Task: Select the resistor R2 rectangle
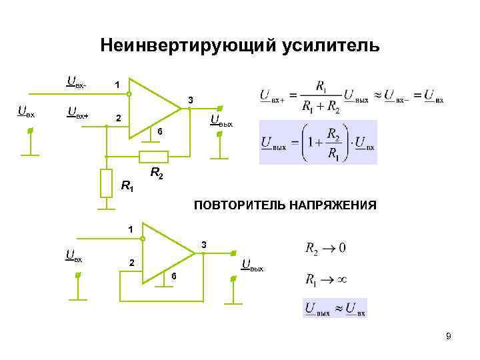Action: [x=153, y=157]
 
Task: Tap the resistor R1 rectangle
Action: [x=106, y=183]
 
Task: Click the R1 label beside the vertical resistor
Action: [x=127, y=187]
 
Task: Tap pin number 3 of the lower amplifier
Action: [x=205, y=245]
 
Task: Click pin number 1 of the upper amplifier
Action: [x=117, y=85]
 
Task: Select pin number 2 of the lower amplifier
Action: [x=131, y=263]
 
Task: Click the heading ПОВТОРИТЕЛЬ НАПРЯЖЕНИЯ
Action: [x=285, y=205]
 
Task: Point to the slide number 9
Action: [x=449, y=337]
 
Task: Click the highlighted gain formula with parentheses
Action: [x=318, y=142]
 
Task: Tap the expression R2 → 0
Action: [x=325, y=249]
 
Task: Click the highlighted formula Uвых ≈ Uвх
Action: [x=335, y=309]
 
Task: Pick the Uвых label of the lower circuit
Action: [x=253, y=266]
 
